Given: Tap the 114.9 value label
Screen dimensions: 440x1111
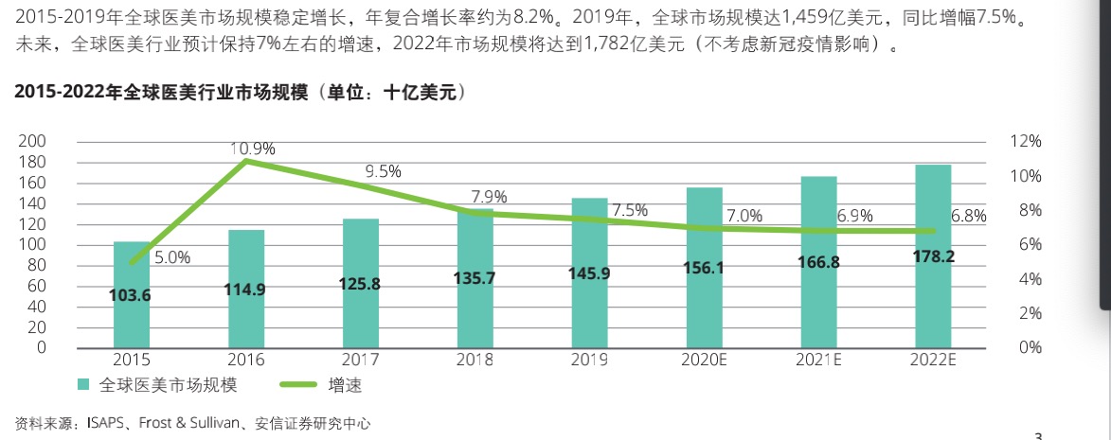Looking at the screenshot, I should coord(246,290).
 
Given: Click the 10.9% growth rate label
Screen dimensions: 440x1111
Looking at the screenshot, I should coord(252,149).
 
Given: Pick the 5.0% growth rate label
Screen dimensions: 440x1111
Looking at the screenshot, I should coord(171,256).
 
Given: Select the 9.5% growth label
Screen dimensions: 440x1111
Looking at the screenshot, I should coord(383,171).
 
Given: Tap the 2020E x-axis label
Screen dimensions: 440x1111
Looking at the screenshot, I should coord(704,360).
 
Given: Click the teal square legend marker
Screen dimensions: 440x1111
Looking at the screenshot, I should coord(83,385).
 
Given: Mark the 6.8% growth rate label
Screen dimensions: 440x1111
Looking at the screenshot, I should coord(968,216).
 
